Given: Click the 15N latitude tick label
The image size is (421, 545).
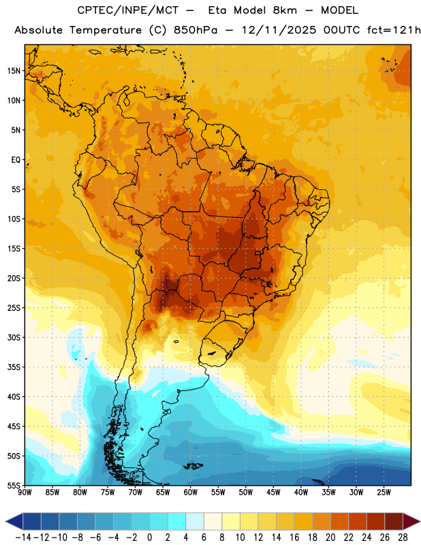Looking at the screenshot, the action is (14, 71).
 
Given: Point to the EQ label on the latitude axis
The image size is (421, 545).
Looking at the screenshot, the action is (16, 160).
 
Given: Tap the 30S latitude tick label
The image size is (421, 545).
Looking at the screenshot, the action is (14, 337).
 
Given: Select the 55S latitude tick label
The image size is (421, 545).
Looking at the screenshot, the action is (14, 485).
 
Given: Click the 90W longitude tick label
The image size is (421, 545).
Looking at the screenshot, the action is (25, 493).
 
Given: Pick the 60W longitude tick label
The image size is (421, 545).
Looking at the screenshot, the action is (191, 493).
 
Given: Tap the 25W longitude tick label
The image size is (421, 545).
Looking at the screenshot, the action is (384, 493).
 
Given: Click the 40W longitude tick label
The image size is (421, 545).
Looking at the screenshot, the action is (301, 493).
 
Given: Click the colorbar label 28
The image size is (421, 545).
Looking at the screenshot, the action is (403, 538).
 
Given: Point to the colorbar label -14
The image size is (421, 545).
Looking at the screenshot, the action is (23, 538).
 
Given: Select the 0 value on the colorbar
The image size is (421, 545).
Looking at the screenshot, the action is (149, 538).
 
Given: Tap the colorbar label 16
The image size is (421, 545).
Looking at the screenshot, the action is (294, 538).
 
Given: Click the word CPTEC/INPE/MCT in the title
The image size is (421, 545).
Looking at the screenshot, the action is (128, 10).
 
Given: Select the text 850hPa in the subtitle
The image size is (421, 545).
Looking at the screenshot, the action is (195, 30).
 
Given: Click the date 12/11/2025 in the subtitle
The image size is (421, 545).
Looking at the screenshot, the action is (279, 30).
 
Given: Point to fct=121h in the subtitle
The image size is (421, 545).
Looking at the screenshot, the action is (394, 30).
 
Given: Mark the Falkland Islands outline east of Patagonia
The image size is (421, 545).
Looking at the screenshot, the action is (193, 466).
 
